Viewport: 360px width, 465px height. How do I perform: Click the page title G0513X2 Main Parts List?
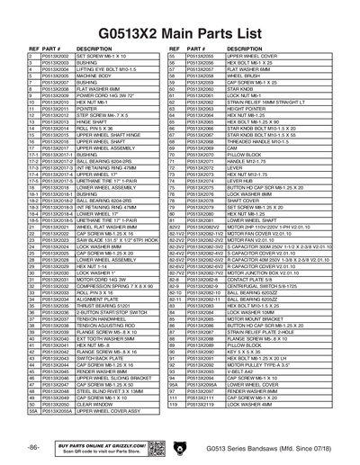[180, 18]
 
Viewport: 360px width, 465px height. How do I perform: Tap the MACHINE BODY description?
[94, 76]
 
